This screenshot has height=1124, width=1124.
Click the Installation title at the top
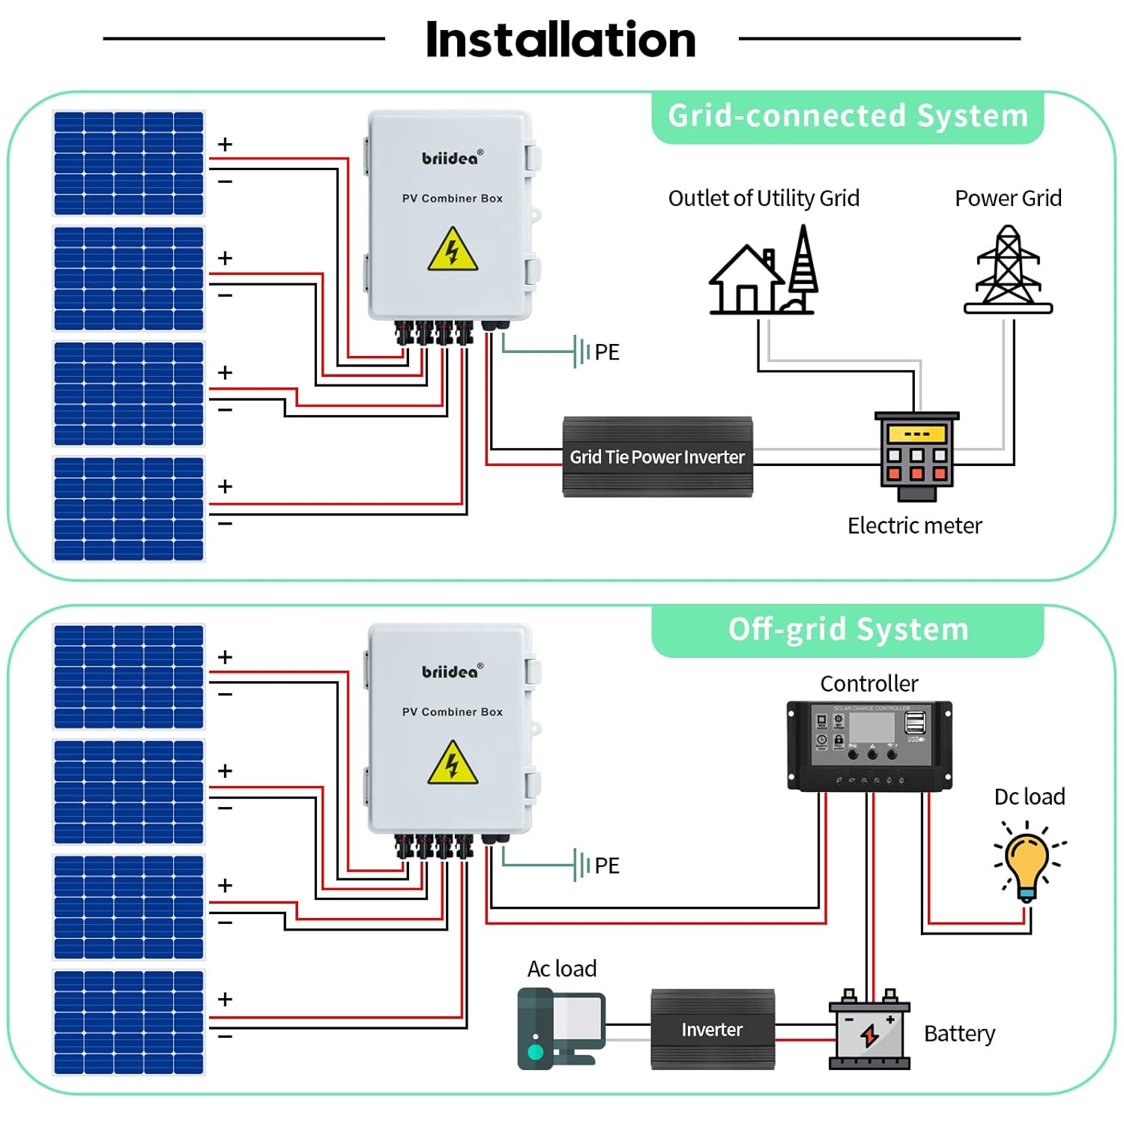[x=561, y=40]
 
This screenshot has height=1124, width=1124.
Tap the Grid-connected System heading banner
[x=847, y=116]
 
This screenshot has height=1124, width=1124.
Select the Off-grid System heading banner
[x=847, y=629]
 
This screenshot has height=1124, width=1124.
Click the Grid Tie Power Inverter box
[x=657, y=456]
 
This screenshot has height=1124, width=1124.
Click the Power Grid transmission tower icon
[x=1008, y=269]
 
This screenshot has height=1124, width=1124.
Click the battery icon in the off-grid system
[x=869, y=1030]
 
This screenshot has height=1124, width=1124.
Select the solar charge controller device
[x=869, y=746]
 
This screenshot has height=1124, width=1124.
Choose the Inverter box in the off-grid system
[x=712, y=1030]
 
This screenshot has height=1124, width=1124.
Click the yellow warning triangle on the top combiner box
[x=453, y=251]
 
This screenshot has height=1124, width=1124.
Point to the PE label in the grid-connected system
[x=607, y=352]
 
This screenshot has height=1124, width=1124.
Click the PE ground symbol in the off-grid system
[x=581, y=865]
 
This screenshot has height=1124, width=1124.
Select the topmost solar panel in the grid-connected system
[x=129, y=163]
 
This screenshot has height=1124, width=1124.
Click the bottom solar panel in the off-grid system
[x=129, y=1022]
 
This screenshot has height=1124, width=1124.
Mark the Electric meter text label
[x=914, y=526]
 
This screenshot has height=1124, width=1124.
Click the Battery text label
[x=959, y=1034]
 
